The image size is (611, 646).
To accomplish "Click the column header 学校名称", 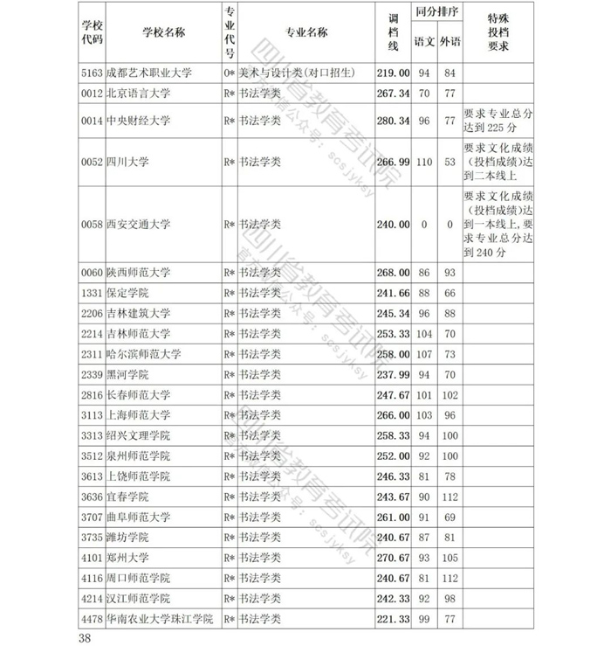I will point(163,32).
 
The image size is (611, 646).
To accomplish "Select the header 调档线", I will point(393,32).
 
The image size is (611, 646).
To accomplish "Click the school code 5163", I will point(92,73).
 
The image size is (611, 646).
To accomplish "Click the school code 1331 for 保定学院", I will point(92,293).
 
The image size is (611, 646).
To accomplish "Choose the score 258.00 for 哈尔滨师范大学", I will point(393,354).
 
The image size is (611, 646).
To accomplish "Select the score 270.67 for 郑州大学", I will point(393,558).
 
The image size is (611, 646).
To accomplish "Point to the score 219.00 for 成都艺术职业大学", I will point(393,73).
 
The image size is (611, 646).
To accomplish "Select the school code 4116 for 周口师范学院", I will point(92,579).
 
